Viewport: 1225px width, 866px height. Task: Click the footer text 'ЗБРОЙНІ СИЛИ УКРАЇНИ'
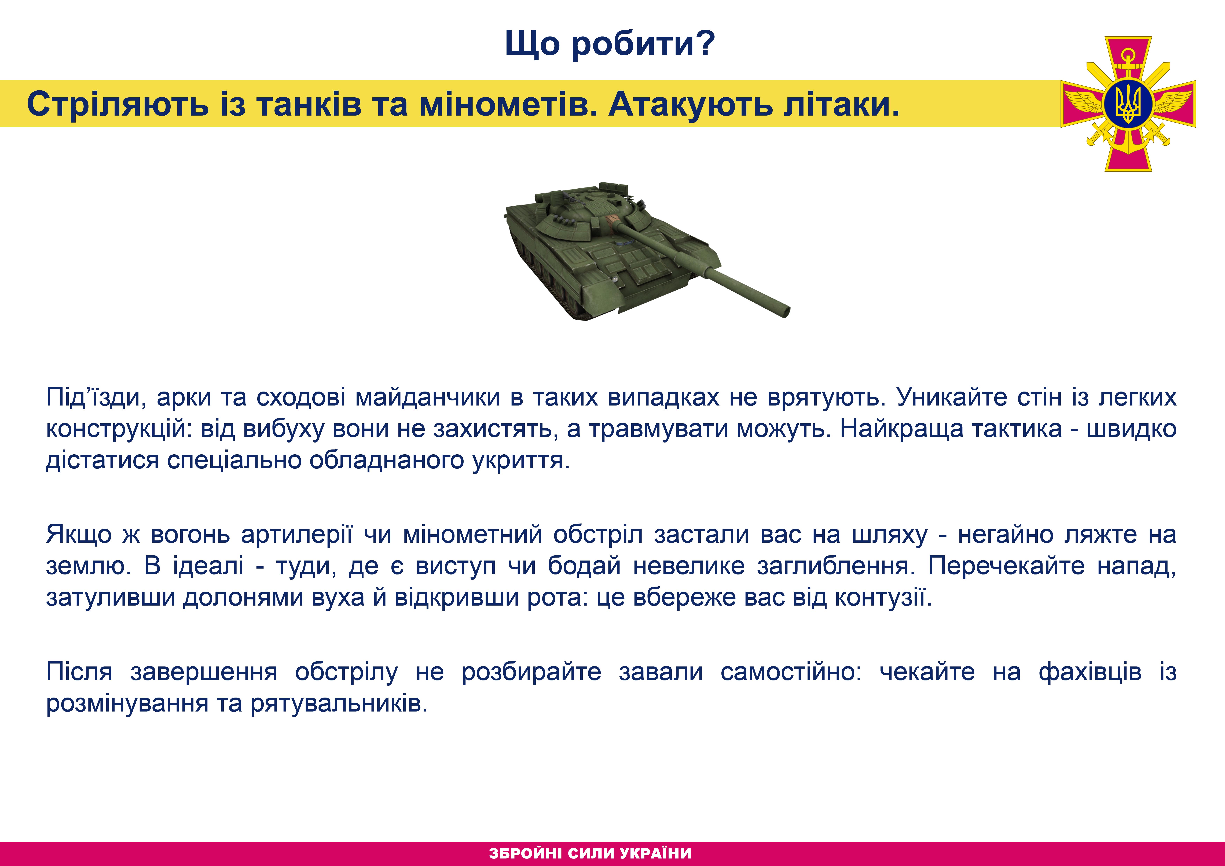590,853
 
